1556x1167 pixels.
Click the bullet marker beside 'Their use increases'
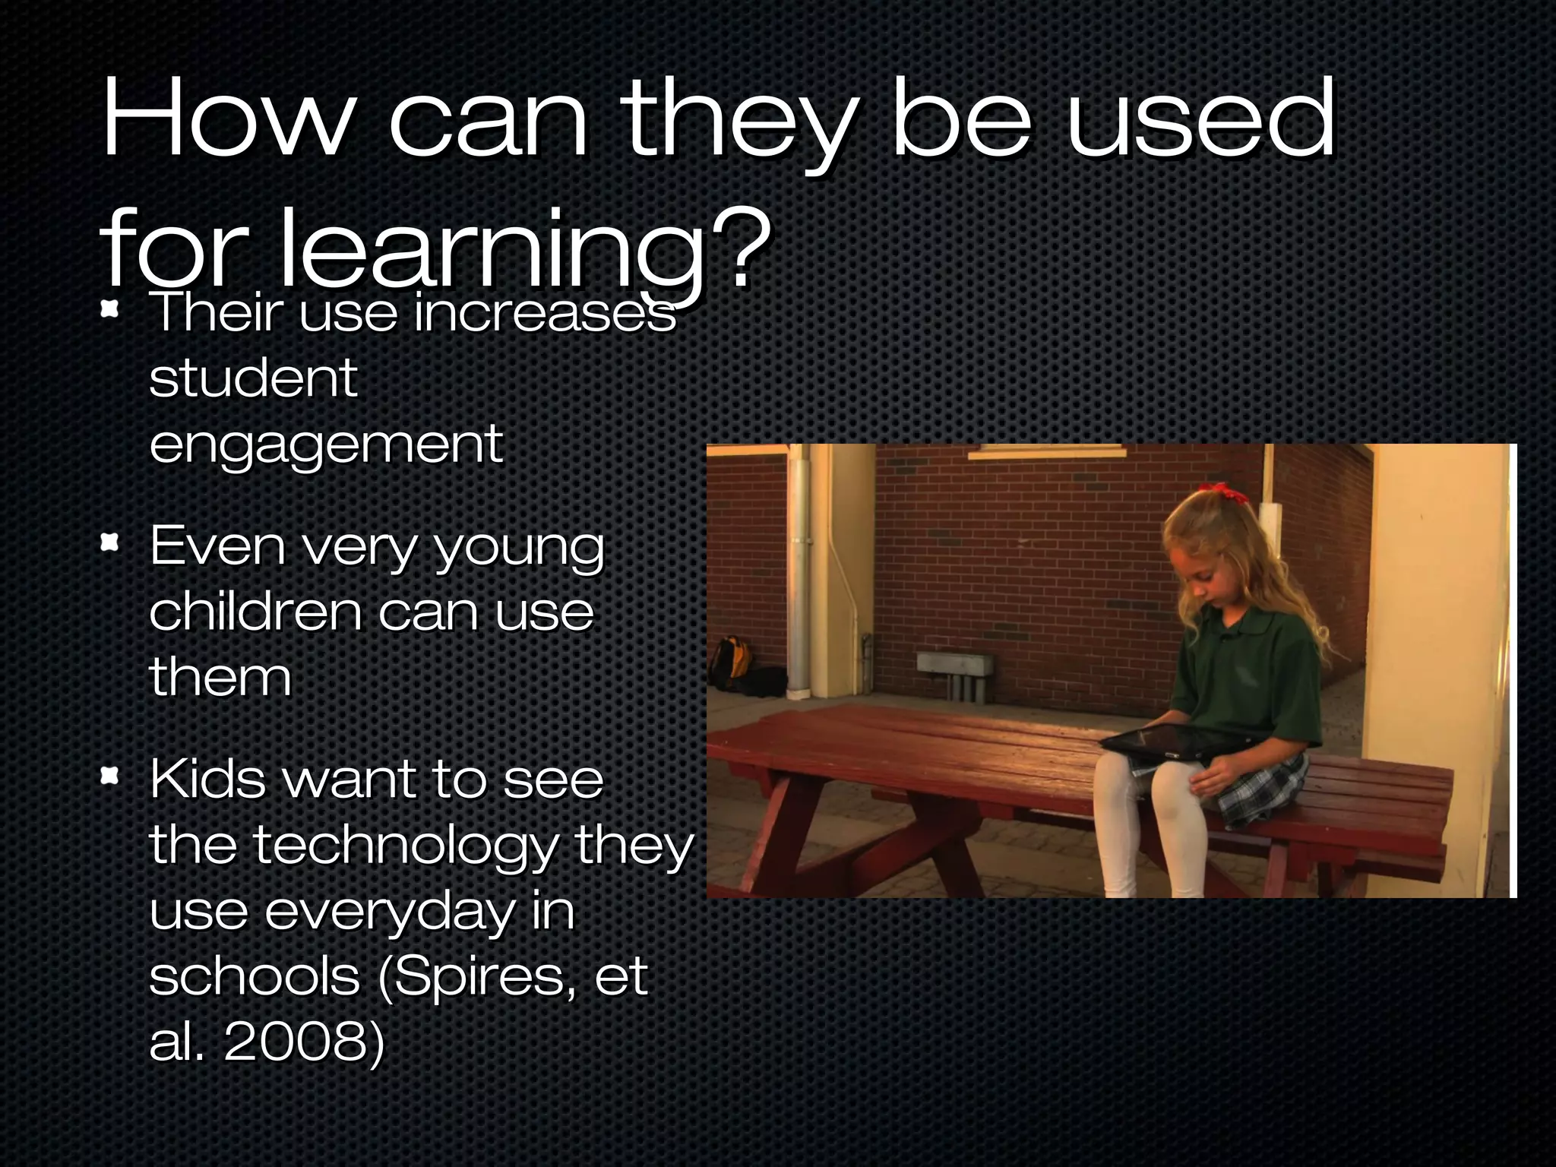(x=111, y=310)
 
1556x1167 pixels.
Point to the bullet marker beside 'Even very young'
(x=111, y=543)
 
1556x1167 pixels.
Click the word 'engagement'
(x=326, y=444)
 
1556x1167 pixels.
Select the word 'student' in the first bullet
(x=253, y=378)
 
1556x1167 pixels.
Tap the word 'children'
(x=255, y=612)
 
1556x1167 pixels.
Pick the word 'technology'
(x=406, y=845)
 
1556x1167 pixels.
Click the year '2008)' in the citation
(x=304, y=1041)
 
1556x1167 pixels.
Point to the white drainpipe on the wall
(x=799, y=570)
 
